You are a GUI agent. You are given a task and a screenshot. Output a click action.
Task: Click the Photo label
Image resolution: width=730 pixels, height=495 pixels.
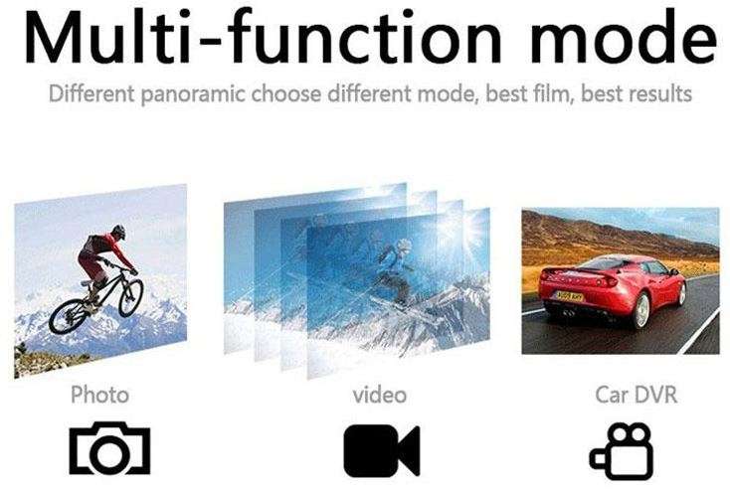(x=99, y=395)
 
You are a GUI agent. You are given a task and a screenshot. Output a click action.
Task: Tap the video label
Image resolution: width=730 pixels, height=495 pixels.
(x=380, y=395)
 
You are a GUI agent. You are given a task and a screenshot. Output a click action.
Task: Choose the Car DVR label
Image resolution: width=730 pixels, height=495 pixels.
(x=637, y=395)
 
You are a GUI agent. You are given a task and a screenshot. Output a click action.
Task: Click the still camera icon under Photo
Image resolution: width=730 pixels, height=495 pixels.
(x=109, y=449)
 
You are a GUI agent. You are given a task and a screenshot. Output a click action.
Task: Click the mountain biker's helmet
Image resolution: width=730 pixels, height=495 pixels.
(x=118, y=232)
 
